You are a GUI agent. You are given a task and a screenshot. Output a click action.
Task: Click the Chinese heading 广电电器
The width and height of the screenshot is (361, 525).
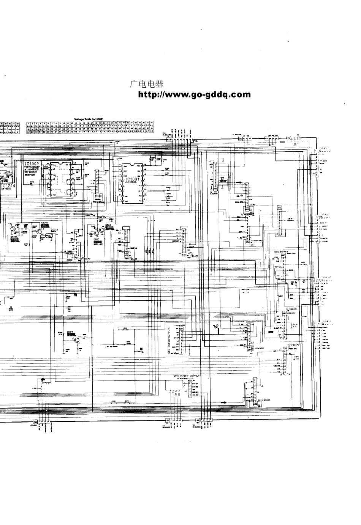click(x=146, y=85)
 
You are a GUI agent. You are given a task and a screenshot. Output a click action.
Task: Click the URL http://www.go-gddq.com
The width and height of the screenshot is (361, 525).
click(x=194, y=95)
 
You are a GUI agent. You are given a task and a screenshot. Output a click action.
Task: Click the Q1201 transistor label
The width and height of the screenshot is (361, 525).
click(x=44, y=223)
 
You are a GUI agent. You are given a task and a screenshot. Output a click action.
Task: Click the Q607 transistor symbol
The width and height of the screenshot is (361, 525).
click(x=76, y=340)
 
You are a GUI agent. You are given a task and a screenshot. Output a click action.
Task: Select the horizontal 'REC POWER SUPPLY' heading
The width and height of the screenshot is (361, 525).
click(x=186, y=376)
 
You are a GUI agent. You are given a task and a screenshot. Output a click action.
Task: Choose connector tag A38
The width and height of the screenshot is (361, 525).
click(x=255, y=404)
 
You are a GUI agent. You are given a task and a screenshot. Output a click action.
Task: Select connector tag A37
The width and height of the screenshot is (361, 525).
click(x=249, y=350)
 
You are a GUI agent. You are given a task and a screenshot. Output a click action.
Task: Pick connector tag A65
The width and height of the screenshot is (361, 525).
click(x=215, y=188)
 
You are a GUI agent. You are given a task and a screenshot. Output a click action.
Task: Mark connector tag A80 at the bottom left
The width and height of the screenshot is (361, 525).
click(x=35, y=422)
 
